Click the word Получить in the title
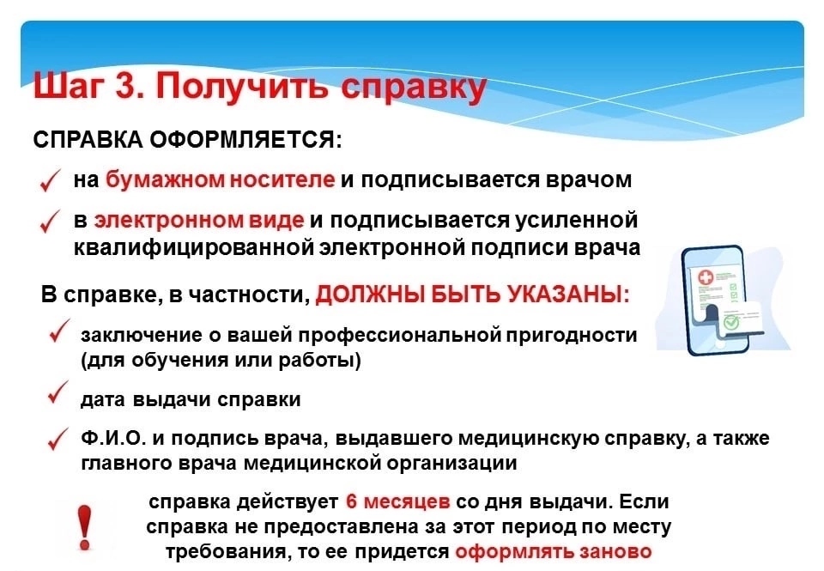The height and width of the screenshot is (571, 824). [x=243, y=87]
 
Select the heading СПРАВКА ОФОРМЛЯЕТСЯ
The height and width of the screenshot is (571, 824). [x=188, y=140]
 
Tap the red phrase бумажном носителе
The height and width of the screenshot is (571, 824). [x=221, y=179]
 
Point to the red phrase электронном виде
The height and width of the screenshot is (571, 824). [x=199, y=220]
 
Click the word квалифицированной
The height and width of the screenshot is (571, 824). [x=194, y=247]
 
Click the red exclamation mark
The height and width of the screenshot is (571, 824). [x=85, y=527]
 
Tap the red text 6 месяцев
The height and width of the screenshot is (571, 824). [x=398, y=501]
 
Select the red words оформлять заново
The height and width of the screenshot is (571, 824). [x=554, y=551]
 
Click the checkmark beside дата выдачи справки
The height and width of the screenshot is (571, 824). [x=58, y=392]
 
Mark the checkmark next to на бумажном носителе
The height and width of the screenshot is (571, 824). [x=50, y=180]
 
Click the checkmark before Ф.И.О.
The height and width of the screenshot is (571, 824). [x=58, y=439]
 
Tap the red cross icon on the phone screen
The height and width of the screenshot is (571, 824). [x=704, y=278]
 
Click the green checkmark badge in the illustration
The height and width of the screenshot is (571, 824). [x=730, y=322]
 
